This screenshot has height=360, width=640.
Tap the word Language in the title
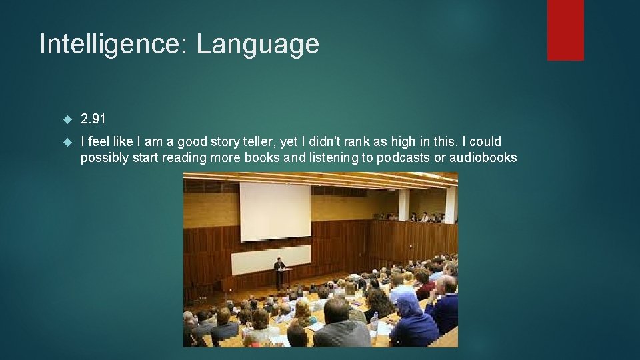point(258,45)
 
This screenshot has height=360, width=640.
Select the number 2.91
point(93,119)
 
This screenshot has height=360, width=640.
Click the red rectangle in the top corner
point(565,30)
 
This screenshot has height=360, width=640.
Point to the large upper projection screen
point(275,212)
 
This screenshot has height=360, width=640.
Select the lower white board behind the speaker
point(271,259)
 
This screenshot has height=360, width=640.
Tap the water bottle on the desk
point(375,325)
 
